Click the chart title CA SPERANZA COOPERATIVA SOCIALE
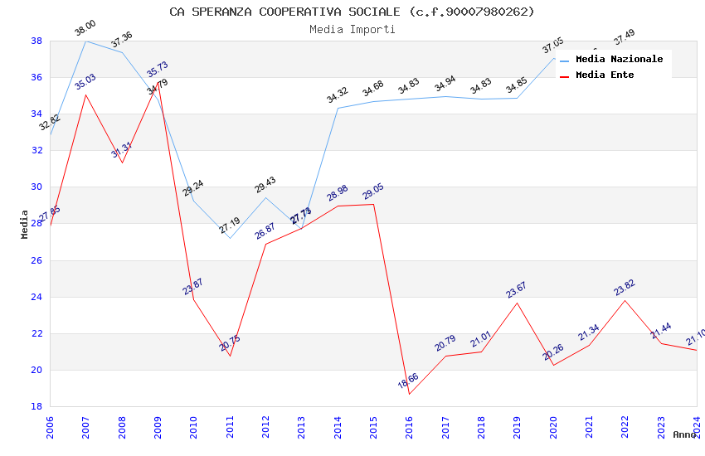[x=352, y=12]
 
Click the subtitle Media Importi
[x=352, y=30]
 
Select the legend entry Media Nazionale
[x=619, y=60]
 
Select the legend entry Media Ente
[x=605, y=75]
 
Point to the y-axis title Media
[x=25, y=224]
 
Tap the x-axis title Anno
[x=684, y=434]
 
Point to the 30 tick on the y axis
[x=36, y=187]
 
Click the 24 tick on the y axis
[x=36, y=297]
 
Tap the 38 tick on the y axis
[x=36, y=41]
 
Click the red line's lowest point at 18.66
[x=410, y=394]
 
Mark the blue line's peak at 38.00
[x=86, y=41]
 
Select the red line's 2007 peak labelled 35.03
[x=86, y=95]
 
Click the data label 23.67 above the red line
[x=516, y=289]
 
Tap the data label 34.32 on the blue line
[x=337, y=95]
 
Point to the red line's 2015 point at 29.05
[x=373, y=204]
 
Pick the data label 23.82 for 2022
[x=624, y=287]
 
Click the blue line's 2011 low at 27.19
[x=230, y=238]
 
